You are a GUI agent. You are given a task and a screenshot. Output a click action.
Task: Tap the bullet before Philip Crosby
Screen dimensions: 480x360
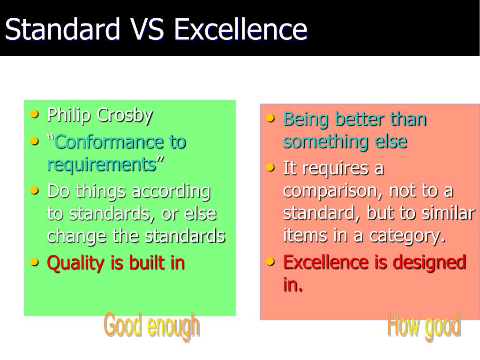pos(34,114)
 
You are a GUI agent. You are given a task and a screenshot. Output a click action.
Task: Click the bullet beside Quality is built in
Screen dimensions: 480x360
pos(34,262)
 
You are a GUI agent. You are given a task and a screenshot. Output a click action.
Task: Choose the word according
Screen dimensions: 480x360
pos(171,192)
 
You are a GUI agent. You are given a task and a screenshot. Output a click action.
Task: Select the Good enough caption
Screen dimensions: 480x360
pos(152,326)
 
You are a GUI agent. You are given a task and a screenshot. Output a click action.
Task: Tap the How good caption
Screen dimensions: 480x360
pos(424,326)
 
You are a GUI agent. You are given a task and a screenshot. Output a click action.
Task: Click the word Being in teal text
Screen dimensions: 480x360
pos(306,120)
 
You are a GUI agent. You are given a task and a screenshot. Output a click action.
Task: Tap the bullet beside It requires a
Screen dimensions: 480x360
pos(270,167)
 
